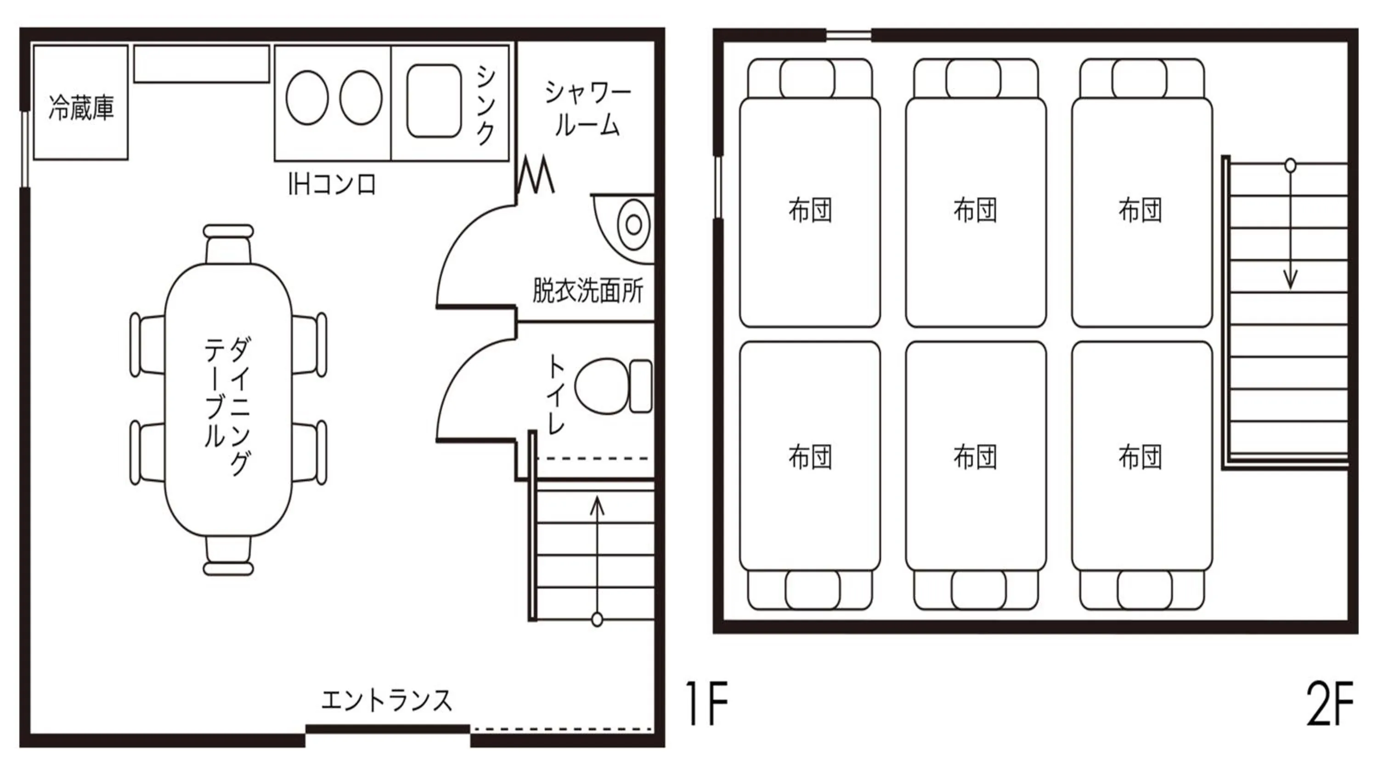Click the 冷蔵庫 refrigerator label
click(81, 107)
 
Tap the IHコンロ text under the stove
click(332, 185)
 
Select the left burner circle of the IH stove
click(307, 98)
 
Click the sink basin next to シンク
click(434, 101)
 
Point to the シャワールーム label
click(587, 110)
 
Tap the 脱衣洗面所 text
click(587, 291)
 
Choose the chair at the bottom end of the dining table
click(228, 556)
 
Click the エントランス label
click(386, 700)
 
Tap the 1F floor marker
click(707, 703)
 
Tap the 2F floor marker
click(1329, 703)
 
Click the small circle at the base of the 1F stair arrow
click(597, 619)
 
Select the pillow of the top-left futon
click(807, 79)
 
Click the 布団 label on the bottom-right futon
click(1140, 456)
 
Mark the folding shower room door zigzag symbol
click(536, 174)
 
